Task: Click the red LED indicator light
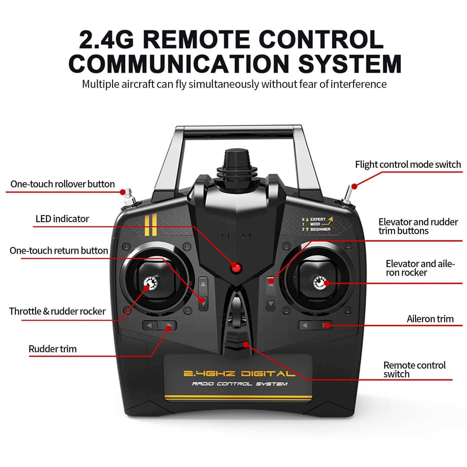(234, 267)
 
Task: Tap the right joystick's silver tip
(320, 283)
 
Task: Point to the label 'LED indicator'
(62, 219)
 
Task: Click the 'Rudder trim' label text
(53, 349)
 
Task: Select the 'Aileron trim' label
(430, 319)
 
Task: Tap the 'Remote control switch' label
(414, 370)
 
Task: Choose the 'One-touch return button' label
(59, 250)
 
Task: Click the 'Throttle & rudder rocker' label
(57, 311)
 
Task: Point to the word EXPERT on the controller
(318, 219)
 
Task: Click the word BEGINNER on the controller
(320, 229)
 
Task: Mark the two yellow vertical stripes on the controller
(151, 225)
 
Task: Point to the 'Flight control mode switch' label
(408, 165)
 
